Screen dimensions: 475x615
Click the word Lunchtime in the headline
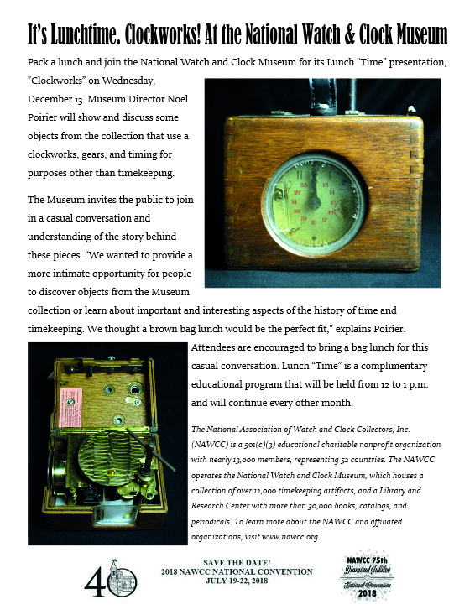coord(88,35)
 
